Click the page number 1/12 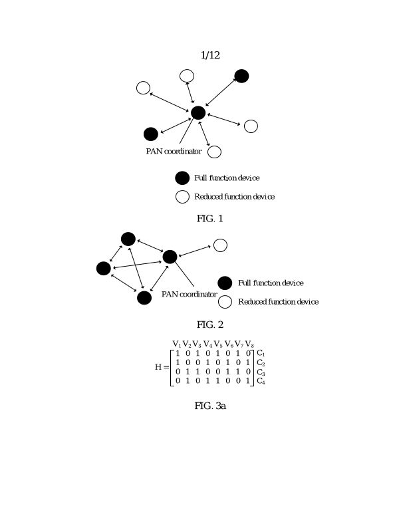click(209, 56)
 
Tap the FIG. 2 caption click(210, 325)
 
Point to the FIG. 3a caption click(210, 406)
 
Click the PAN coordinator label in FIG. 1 click(174, 152)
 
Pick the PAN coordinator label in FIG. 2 click(189, 295)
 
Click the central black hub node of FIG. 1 click(198, 112)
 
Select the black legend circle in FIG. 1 click(182, 178)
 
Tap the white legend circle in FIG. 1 click(182, 196)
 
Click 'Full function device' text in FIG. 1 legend click(227, 178)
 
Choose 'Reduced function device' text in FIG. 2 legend click(278, 302)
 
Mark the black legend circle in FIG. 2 click(225, 283)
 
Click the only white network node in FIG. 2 click(220, 245)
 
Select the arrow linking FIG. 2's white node click(195, 251)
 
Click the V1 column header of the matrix click(177, 344)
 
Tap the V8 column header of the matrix click(249, 344)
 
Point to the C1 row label click(261, 353)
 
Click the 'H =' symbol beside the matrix click(162, 367)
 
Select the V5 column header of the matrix click(218, 344)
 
